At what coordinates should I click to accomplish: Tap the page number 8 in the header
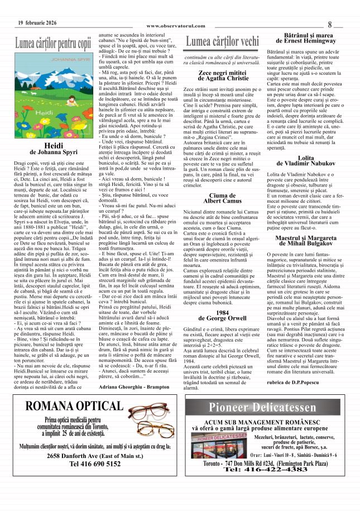click(330, 25)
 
